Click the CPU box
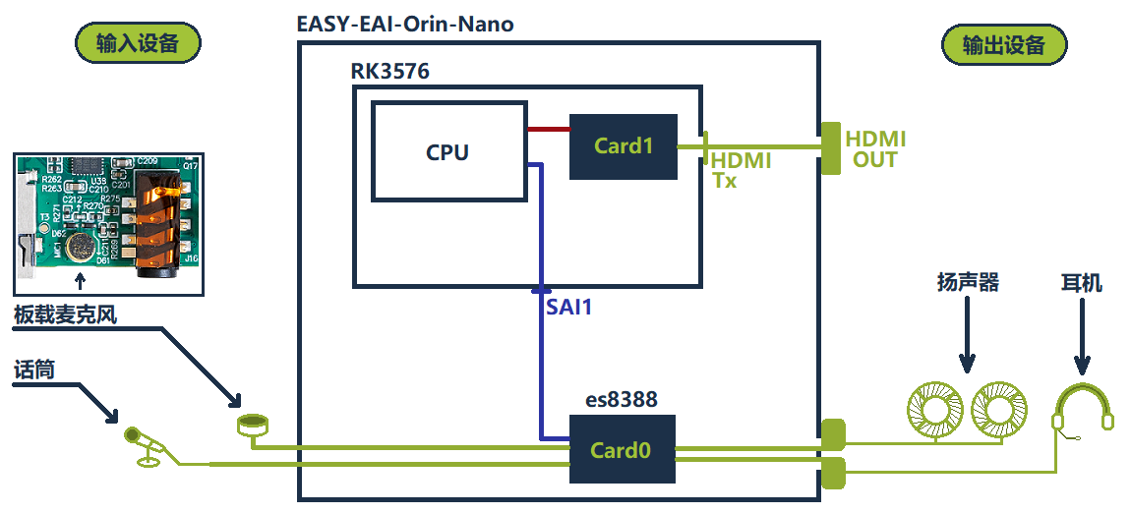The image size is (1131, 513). coord(447,152)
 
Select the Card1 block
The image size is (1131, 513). coord(624,146)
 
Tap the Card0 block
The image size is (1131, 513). coord(624,450)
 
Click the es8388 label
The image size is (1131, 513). coord(622,400)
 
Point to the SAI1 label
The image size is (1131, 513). coord(569,307)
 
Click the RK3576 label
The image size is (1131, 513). coord(389,71)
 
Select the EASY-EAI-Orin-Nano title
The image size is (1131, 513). coord(405,24)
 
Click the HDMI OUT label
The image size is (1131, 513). coord(875,148)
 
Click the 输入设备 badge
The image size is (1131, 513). coord(138,43)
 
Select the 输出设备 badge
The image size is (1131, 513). coord(1004,45)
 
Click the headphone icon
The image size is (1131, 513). coord(1083,410)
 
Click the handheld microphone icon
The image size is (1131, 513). coord(146,445)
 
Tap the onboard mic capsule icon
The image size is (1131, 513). coord(253,425)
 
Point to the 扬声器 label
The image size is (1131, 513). coord(968,283)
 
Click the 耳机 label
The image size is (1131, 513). coord(1082,284)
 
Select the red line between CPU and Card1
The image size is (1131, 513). coord(549,128)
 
